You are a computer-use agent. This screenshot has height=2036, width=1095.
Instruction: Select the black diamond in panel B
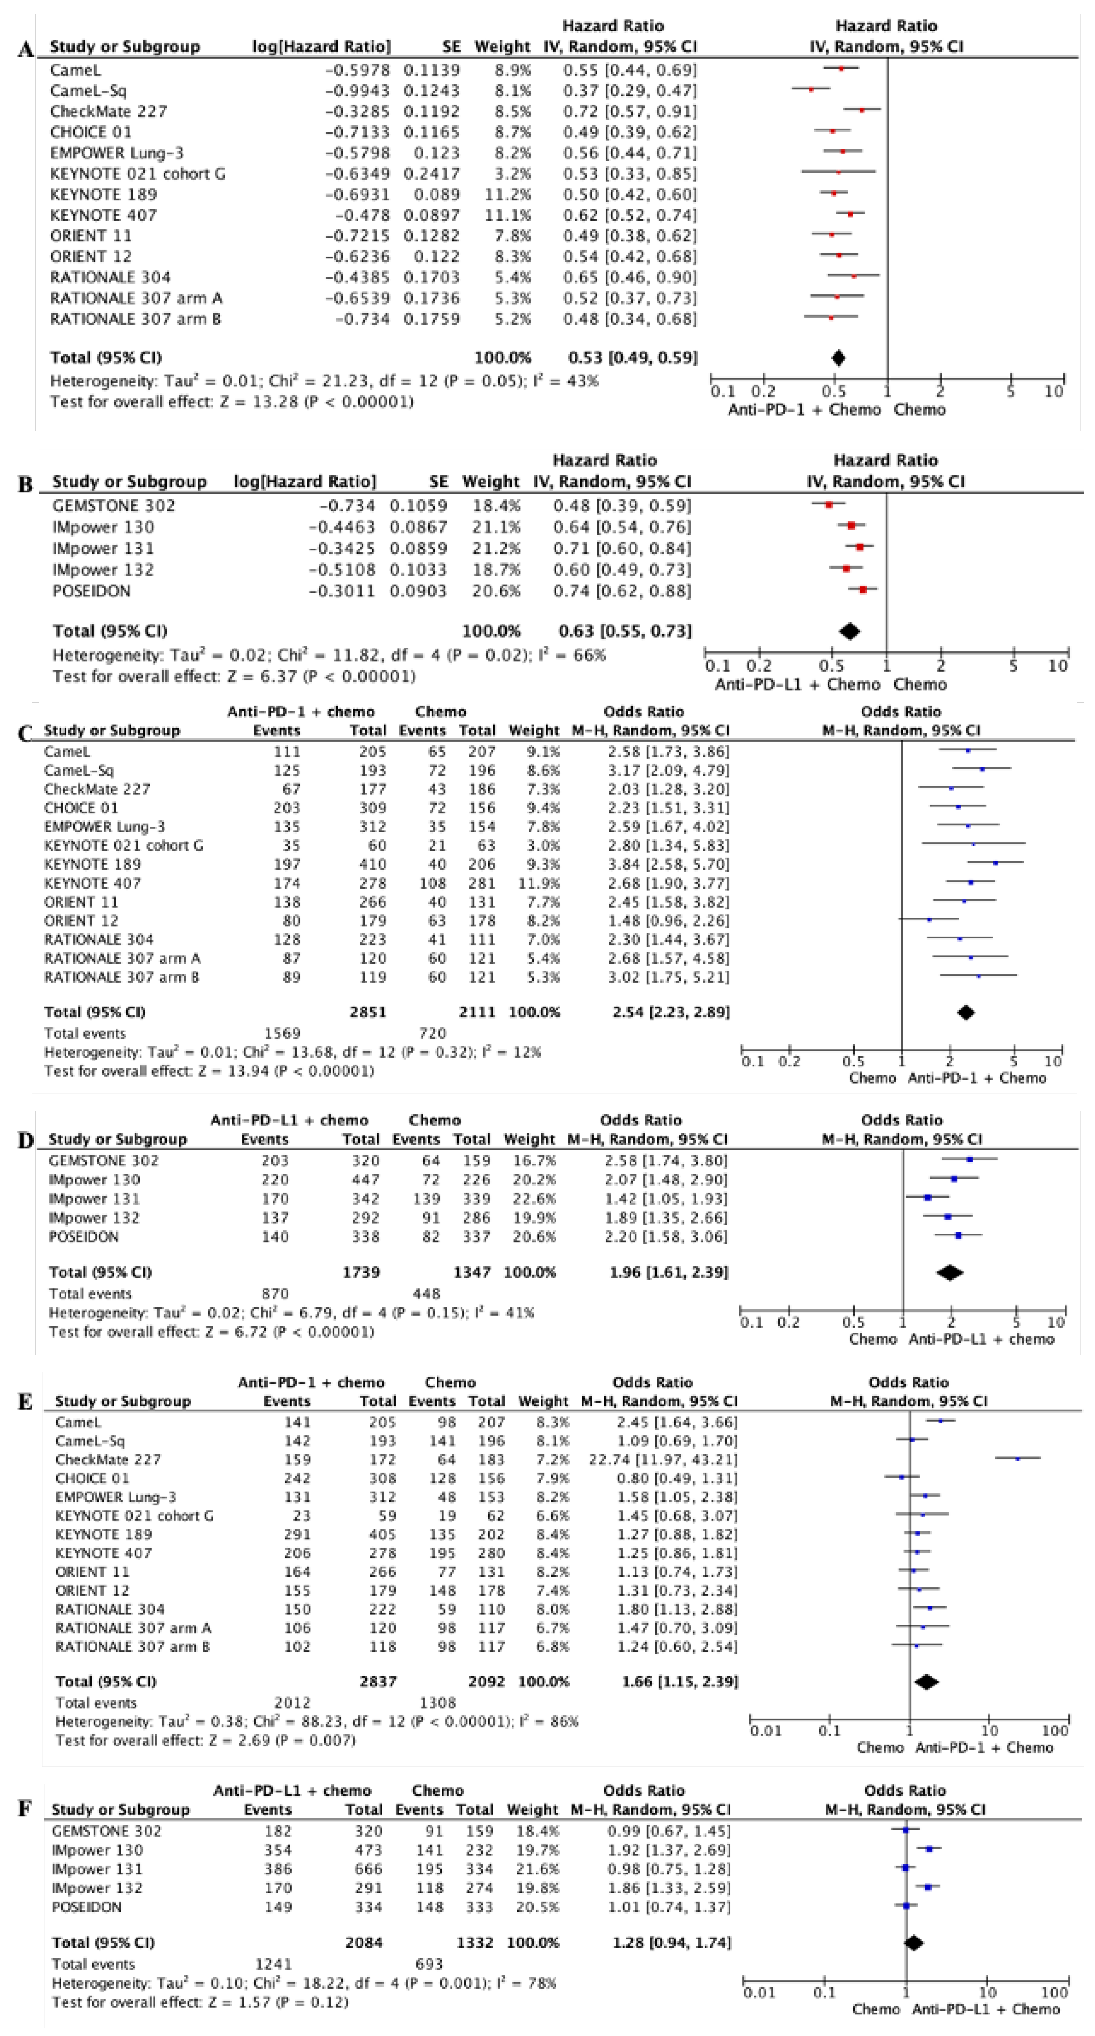pos(849,631)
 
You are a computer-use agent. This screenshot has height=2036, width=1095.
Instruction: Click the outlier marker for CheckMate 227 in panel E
pos(1018,1458)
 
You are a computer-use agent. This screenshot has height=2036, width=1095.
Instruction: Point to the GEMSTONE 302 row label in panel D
pos(103,1160)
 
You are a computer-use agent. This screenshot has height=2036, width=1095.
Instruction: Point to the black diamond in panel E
pos(926,1681)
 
